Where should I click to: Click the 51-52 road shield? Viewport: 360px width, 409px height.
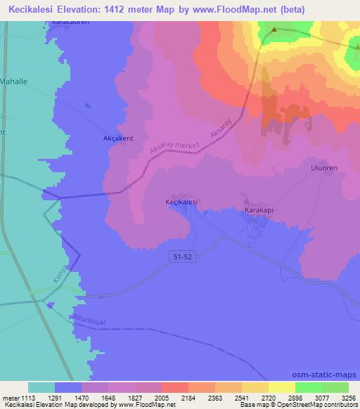click(181, 259)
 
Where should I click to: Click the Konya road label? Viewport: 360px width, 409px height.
click(62, 274)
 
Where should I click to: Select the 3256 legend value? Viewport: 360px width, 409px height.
click(349, 397)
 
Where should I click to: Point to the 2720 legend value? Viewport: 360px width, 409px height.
click(270, 397)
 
